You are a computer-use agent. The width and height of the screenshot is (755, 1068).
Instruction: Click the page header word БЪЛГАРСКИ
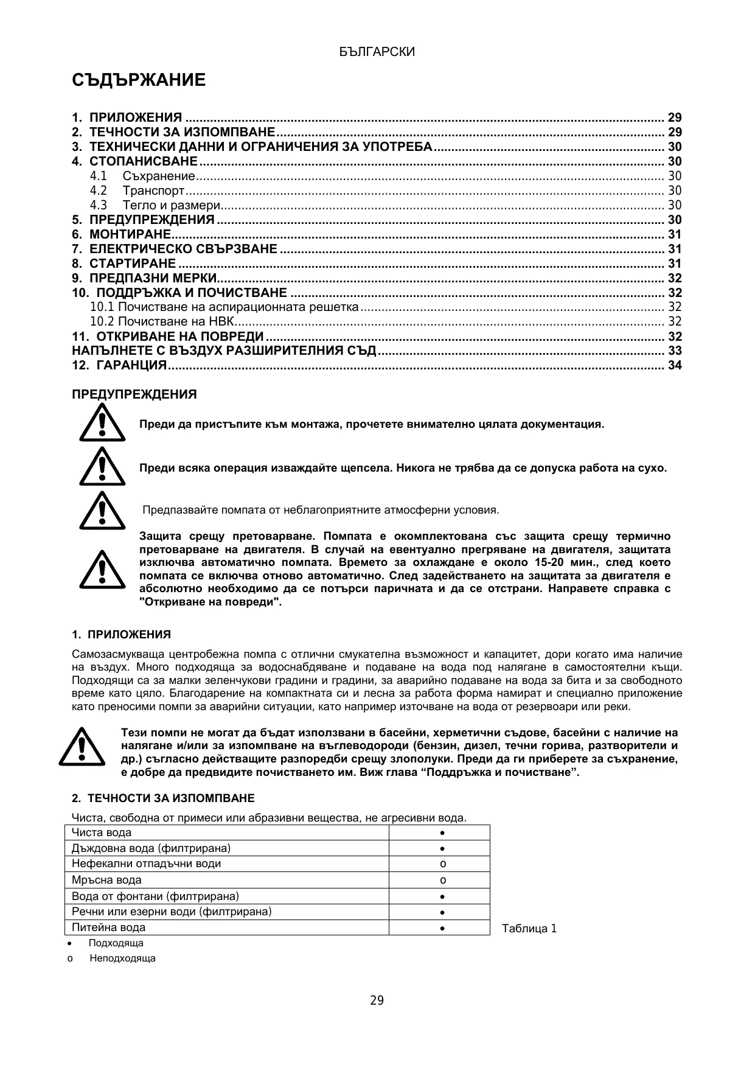point(377,52)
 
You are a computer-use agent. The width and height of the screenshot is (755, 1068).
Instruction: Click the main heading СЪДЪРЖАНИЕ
point(139,80)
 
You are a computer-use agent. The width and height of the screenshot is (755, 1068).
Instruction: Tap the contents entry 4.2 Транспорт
point(153,190)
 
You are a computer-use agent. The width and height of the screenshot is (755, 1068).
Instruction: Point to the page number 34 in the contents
point(675,365)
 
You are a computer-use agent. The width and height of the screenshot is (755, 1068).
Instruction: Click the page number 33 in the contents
point(675,351)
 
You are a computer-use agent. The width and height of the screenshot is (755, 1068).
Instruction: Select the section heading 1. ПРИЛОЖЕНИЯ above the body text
point(121,635)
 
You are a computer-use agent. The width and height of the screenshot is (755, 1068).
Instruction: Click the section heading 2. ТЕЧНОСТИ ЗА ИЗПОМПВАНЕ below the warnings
point(163,798)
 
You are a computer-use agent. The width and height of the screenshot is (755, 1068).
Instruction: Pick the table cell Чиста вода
point(102,832)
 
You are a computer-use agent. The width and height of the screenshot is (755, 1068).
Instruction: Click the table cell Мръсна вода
point(106,880)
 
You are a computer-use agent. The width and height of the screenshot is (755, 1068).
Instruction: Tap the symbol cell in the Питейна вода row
point(443,928)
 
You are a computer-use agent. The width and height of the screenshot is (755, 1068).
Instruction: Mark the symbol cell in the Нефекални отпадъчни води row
point(443,864)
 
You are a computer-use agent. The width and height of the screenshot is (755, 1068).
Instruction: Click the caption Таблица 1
point(529,929)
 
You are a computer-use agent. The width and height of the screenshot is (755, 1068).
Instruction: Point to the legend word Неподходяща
point(122,958)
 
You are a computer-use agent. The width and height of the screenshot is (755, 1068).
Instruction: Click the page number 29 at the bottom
point(377,1000)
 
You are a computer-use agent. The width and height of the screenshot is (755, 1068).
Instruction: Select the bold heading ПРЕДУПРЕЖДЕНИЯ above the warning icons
point(134,394)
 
